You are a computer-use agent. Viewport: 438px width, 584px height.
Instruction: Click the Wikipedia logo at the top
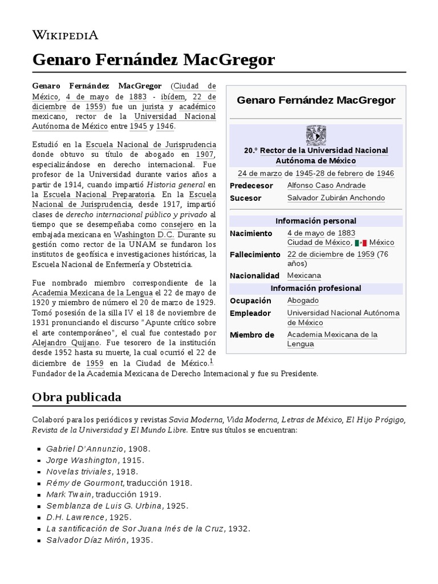65,35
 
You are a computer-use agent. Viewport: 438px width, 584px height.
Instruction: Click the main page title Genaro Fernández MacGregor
153,59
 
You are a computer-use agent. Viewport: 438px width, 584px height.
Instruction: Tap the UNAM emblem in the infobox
315,135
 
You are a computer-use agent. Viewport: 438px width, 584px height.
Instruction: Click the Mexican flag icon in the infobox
360,242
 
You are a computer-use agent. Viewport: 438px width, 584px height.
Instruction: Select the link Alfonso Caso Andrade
326,185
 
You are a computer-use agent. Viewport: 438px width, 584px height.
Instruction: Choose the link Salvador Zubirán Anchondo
336,198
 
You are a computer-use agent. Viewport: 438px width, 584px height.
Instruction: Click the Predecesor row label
252,185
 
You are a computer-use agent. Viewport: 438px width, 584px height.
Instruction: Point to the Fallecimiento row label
254,254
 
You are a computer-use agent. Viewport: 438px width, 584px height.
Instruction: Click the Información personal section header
315,221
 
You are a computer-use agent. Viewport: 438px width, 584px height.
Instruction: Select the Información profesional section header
315,288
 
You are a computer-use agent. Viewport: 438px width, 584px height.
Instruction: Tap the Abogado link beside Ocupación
303,301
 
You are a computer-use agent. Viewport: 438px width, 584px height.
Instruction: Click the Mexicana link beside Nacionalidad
304,275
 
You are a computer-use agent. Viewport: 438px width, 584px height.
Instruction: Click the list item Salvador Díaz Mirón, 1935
99,540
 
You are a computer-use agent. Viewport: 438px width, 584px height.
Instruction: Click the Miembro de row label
252,335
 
